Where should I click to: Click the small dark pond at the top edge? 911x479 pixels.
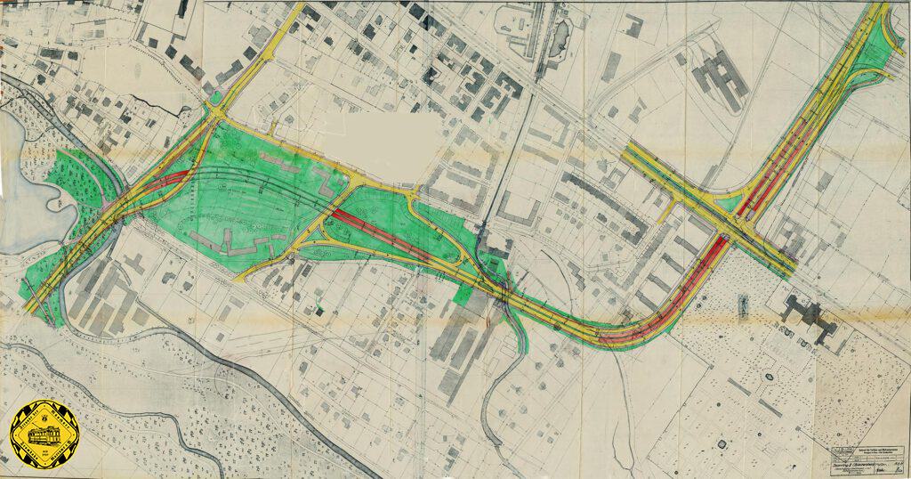click(561, 37)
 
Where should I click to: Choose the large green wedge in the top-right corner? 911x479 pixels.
click(894, 45)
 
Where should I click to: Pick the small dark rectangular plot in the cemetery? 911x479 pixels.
click(741, 307)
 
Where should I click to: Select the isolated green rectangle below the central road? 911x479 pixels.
click(465, 292)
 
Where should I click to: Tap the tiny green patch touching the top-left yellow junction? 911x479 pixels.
click(216, 97)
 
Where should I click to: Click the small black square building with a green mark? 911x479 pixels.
click(318, 310)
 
